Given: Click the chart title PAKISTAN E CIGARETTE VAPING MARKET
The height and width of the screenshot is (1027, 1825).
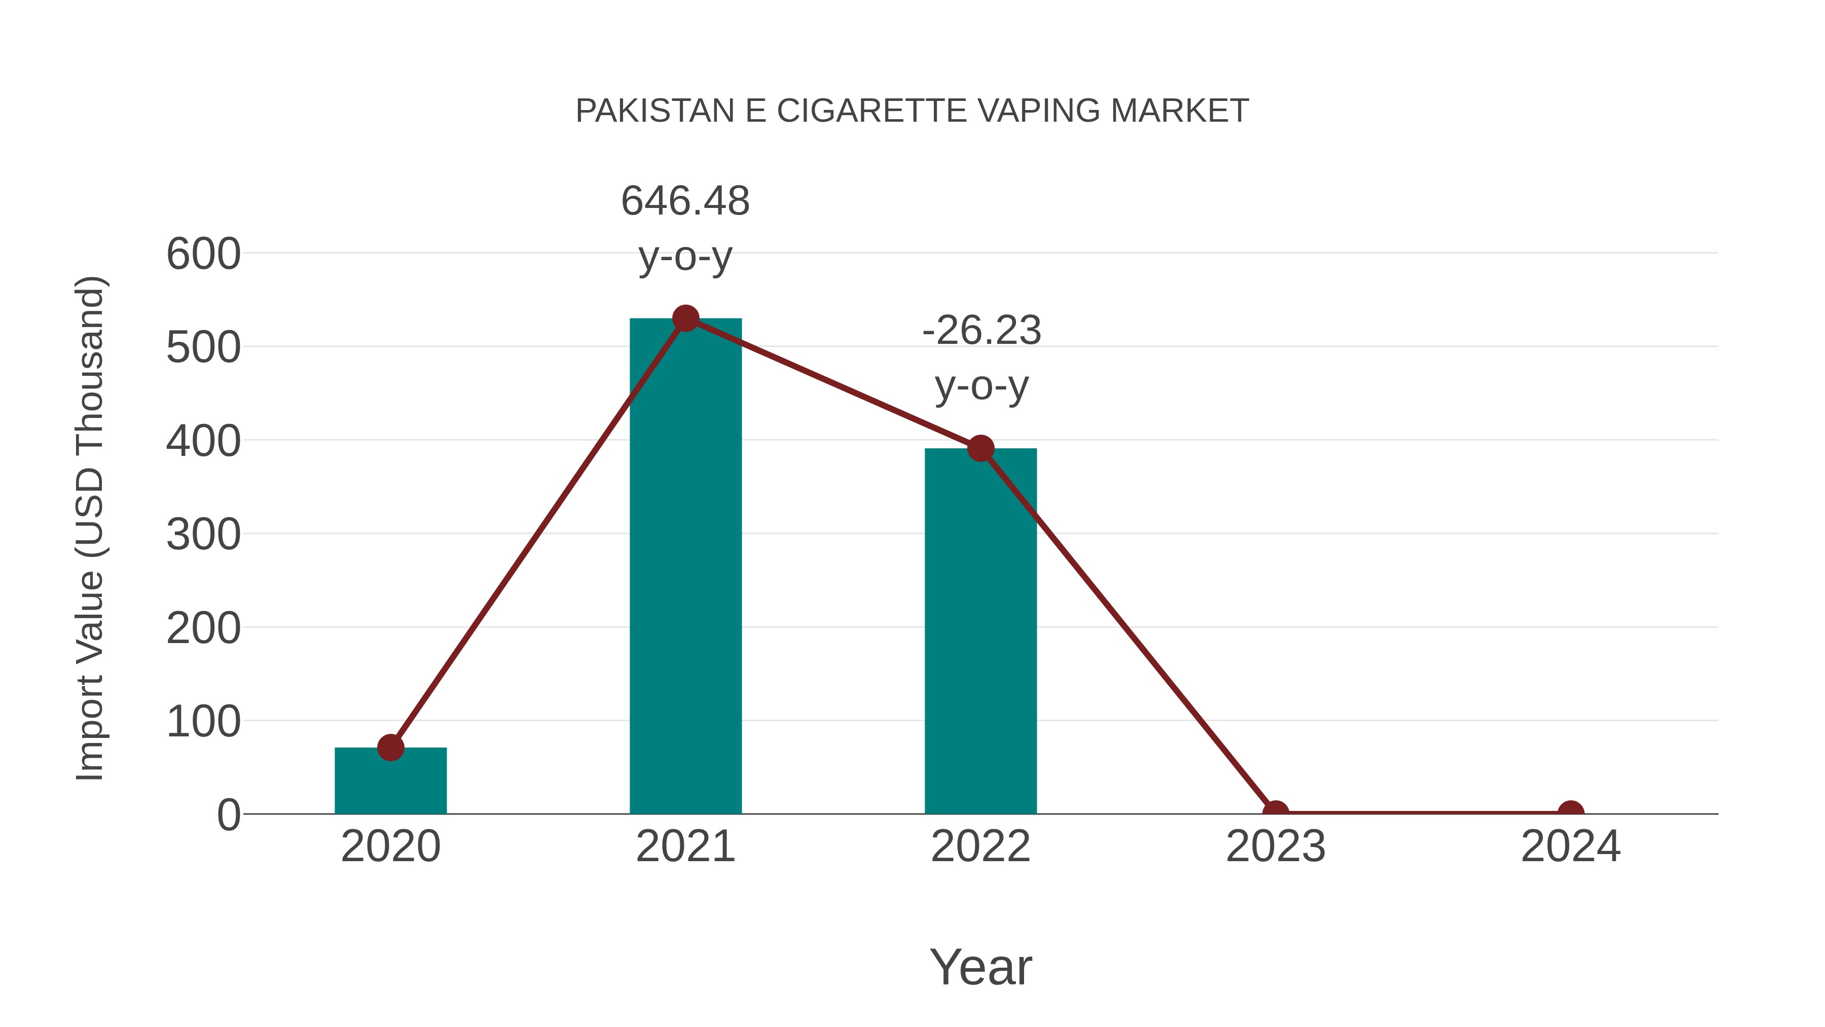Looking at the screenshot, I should (x=912, y=111).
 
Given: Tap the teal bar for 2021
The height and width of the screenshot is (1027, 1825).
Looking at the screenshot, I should (x=685, y=567).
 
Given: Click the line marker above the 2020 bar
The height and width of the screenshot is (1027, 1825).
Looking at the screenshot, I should (x=390, y=747).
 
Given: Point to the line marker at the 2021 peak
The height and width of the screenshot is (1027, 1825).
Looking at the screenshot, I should (x=685, y=319).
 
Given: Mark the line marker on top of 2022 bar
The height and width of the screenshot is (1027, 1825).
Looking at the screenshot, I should (x=980, y=449).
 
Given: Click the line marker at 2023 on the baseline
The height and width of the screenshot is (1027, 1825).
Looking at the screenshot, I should (x=1275, y=812).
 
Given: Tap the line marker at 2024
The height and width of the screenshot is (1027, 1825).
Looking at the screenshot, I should (x=1571, y=812).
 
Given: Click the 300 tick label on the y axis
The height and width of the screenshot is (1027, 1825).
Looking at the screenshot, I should (x=203, y=535).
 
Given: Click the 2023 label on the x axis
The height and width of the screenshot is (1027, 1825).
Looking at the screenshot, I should (x=1275, y=846).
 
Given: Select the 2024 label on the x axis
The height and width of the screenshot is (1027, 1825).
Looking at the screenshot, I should (x=1571, y=846).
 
